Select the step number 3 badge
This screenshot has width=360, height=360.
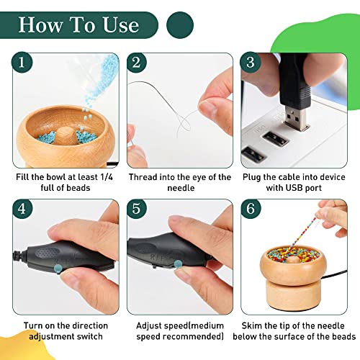pos(249,63)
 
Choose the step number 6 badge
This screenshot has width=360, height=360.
pos(249,210)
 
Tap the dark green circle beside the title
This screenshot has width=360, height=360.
pos(180,24)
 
